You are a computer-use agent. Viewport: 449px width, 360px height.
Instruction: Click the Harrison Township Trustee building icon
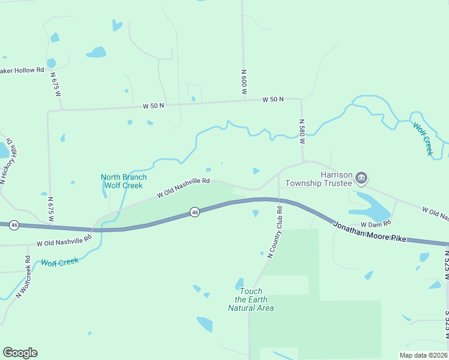tap(361, 178)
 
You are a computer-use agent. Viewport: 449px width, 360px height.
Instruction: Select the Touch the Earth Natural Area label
tap(251, 299)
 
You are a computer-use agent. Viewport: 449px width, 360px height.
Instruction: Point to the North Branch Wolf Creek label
tap(123, 181)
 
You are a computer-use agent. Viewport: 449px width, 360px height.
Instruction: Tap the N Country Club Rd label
tap(275, 233)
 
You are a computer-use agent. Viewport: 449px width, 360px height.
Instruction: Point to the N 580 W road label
tap(303, 131)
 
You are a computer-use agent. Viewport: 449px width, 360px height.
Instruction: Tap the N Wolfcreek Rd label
tap(23, 278)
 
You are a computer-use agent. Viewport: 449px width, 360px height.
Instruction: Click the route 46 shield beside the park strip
tap(194, 212)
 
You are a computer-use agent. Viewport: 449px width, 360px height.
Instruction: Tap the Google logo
tap(20, 353)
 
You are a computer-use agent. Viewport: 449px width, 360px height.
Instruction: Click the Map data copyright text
tap(423, 355)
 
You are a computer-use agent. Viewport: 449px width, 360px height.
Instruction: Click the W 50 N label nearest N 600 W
tap(273, 99)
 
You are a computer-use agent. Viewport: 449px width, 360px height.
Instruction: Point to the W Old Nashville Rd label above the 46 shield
tap(183, 187)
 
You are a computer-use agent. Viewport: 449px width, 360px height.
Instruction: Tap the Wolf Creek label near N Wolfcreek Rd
tap(59, 262)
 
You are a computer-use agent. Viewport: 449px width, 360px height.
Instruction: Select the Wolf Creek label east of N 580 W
tap(423, 139)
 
